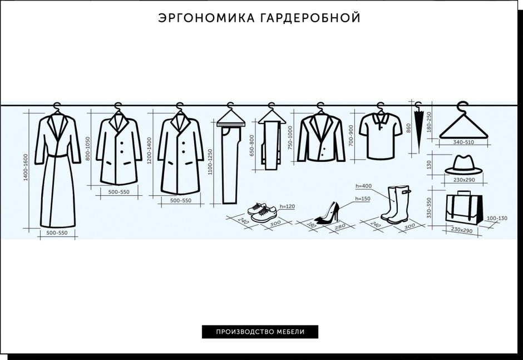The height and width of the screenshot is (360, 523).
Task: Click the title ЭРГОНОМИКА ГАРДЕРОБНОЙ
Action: click(259, 18)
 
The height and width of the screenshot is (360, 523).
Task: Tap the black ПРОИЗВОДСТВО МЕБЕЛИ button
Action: click(260, 332)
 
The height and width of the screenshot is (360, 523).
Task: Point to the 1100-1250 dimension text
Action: click(210, 162)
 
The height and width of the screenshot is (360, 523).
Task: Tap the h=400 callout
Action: click(362, 185)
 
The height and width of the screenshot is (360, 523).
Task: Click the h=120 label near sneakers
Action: click(287, 206)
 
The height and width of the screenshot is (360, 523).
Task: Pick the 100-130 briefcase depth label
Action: click(497, 218)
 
